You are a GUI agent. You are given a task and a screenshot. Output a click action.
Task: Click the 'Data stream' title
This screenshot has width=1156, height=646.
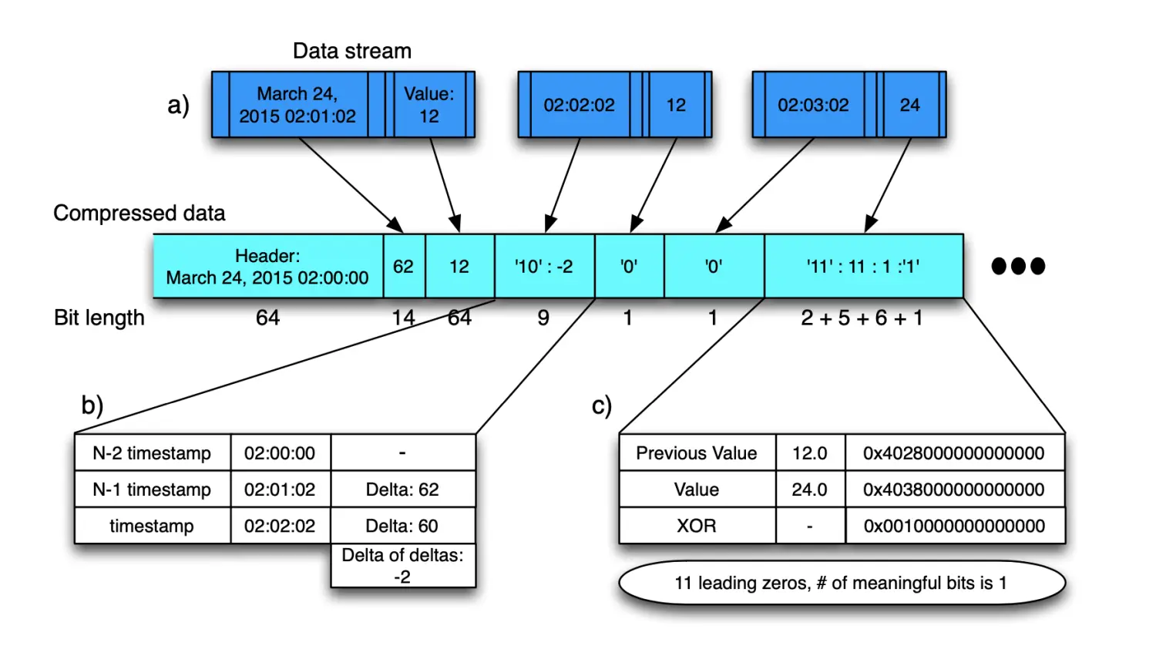[x=352, y=51]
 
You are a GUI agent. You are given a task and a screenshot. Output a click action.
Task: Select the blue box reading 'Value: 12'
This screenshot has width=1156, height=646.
[x=428, y=105]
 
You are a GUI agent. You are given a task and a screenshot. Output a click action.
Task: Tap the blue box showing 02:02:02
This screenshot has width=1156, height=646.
[x=579, y=105]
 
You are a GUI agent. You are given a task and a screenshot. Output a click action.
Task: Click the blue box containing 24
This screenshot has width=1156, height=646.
[x=909, y=105]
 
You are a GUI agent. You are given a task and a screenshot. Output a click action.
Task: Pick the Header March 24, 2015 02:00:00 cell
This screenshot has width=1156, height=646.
[x=267, y=267]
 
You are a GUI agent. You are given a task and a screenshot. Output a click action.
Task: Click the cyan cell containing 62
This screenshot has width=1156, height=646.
[x=403, y=267]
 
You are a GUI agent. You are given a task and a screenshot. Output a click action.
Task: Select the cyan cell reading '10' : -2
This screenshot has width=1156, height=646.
[x=544, y=267]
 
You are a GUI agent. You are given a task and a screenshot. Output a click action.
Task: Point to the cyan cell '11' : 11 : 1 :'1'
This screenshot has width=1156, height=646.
[x=863, y=267]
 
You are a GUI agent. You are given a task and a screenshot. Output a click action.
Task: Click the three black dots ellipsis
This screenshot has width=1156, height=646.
[x=1018, y=266]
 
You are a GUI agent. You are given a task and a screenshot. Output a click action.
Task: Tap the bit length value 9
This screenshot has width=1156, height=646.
[x=543, y=318]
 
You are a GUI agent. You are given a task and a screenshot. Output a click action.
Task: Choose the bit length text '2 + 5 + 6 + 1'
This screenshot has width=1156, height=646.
[x=862, y=318]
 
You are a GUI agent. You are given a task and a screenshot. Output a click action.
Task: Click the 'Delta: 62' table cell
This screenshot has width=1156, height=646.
[x=402, y=490]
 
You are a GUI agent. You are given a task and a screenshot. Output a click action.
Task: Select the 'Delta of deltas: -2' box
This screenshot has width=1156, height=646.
[x=402, y=566]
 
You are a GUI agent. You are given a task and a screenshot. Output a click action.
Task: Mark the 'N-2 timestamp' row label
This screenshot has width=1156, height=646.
[x=152, y=453]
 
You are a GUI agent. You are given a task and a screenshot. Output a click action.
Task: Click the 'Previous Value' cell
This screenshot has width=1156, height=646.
[x=697, y=453]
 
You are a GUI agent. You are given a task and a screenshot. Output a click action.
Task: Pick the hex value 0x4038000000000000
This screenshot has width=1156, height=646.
[x=954, y=490]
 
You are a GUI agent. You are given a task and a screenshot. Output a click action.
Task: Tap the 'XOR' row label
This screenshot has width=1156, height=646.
[x=697, y=526]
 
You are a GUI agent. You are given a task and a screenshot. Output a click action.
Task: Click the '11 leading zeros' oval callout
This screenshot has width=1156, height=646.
[x=841, y=583]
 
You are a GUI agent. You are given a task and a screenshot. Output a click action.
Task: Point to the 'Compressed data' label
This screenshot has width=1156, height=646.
[x=139, y=213]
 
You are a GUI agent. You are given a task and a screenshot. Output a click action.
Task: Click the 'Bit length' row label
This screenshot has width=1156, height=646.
[x=99, y=318]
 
